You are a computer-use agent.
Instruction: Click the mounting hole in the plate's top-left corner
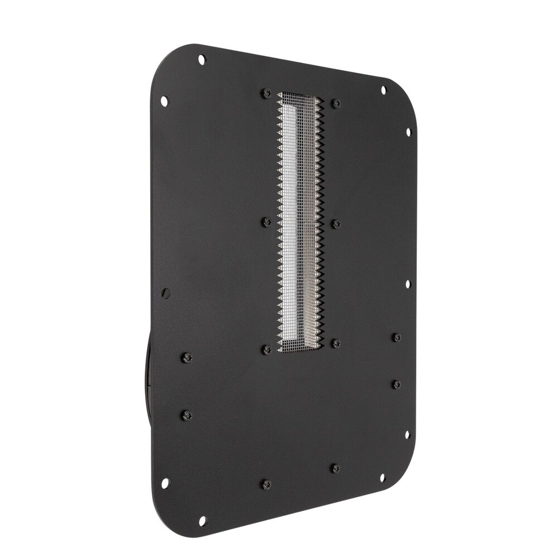coord(201,59)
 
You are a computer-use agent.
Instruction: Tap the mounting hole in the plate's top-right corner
coord(383,89)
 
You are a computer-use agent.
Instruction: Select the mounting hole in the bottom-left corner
coord(202,520)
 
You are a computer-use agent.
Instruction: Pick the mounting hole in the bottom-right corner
coord(382,478)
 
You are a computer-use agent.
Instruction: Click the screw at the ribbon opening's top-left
coord(267,93)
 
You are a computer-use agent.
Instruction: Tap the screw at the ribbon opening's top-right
coord(336,103)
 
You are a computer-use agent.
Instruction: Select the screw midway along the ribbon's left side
coord(267,222)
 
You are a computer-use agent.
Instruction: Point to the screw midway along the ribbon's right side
coord(336,224)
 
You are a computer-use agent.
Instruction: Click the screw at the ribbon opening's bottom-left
coord(267,350)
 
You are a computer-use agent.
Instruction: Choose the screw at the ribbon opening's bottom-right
coord(336,344)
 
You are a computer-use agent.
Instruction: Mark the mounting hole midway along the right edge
coord(408,284)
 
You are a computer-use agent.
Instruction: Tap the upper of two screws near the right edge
coord(396,338)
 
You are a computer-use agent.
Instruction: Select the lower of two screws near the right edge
coord(396,384)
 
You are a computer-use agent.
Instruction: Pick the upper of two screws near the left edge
coord(186,358)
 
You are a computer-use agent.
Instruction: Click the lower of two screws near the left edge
coord(186,415)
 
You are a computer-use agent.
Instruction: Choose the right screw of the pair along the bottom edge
coord(335,468)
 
